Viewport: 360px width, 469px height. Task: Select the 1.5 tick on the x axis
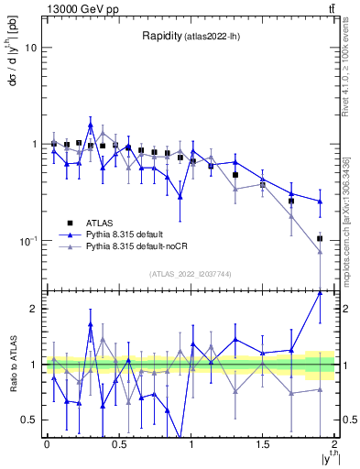[x=263, y=445]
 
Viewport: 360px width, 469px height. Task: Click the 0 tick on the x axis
[x=47, y=445]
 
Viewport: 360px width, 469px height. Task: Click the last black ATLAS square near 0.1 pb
[x=320, y=238]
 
